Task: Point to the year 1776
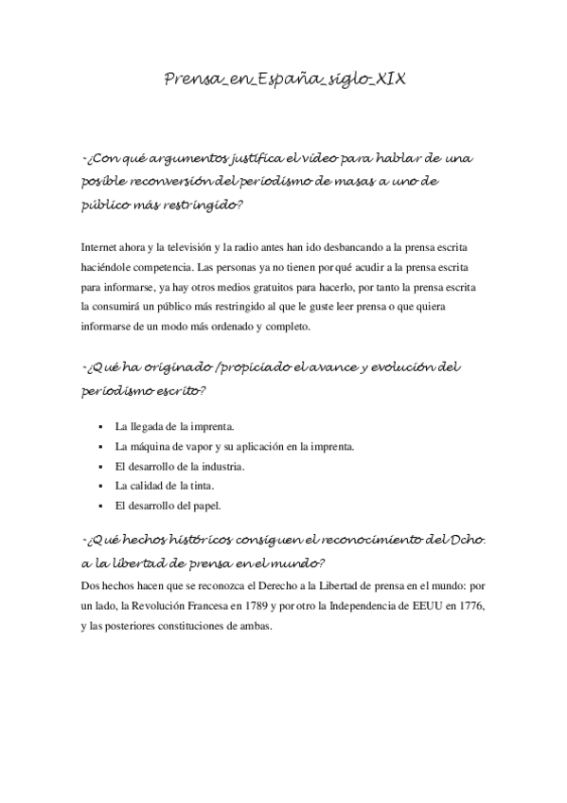[478, 604]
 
